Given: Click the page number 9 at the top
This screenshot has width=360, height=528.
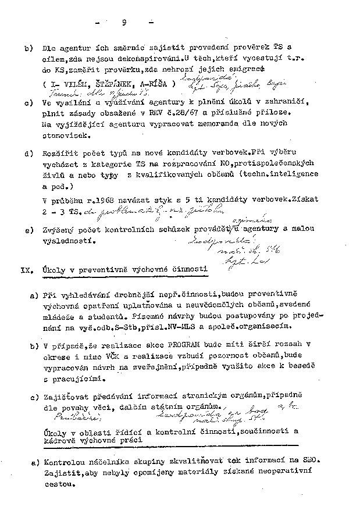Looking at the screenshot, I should point(124,23).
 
